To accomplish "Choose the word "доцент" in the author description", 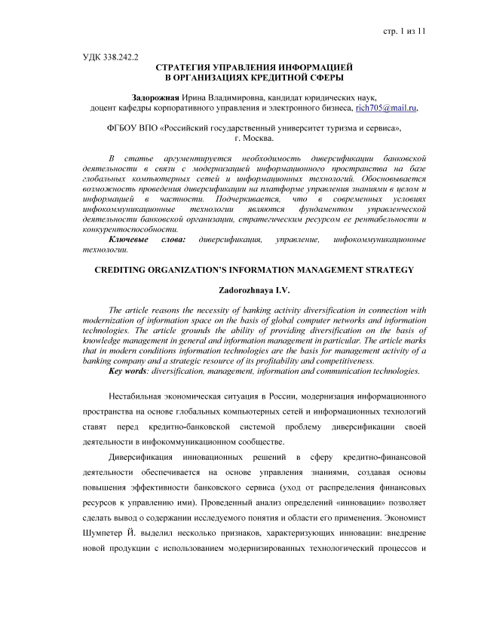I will pos(105,109).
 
